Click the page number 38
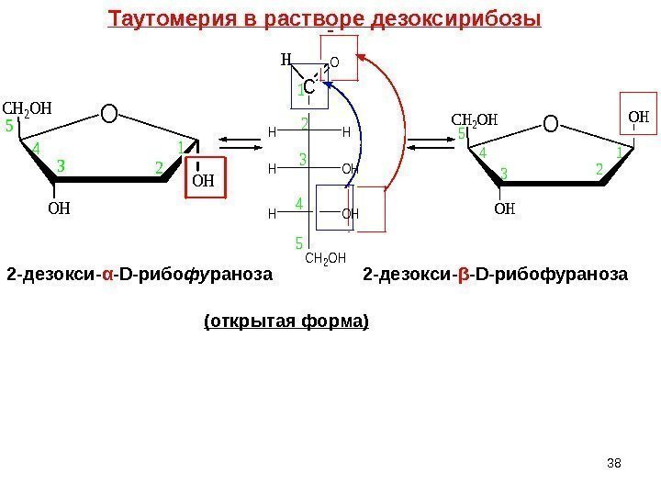click(615, 461)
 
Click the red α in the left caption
click(108, 274)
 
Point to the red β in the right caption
click(464, 274)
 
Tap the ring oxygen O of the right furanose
click(550, 122)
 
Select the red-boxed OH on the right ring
click(638, 116)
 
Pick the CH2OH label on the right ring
click(476, 119)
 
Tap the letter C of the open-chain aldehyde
click(309, 89)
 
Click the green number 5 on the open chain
click(297, 243)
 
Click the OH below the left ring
click(58, 209)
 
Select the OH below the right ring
click(504, 209)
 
